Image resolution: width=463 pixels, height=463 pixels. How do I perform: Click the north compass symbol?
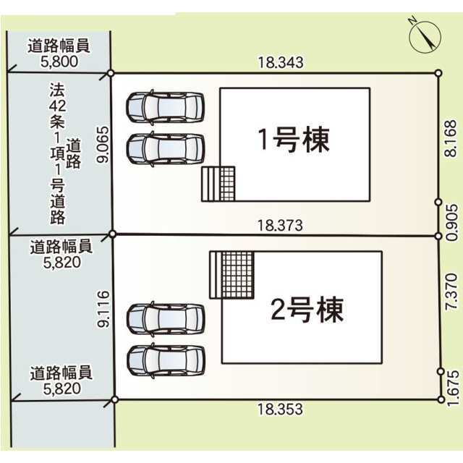click(x=425, y=37)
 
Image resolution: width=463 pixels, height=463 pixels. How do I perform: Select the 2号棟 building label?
click(x=307, y=310)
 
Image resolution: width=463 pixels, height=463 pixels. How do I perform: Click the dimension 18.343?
click(x=281, y=63)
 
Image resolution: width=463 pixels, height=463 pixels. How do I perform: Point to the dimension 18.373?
click(x=280, y=226)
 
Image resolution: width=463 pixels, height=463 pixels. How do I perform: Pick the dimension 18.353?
click(x=280, y=409)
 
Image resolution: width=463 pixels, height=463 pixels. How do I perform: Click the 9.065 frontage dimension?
click(x=103, y=145)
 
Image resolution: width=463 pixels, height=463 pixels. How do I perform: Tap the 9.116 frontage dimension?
click(x=103, y=309)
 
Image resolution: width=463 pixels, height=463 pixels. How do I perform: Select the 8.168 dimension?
click(x=451, y=139)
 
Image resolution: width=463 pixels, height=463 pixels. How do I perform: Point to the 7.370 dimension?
click(x=451, y=292)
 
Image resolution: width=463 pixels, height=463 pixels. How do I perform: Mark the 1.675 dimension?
click(x=453, y=388)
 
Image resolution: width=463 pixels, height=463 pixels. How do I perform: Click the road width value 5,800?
click(x=59, y=61)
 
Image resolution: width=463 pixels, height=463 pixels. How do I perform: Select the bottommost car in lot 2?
click(x=166, y=360)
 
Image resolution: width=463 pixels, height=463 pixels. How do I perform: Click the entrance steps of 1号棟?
click(x=218, y=184)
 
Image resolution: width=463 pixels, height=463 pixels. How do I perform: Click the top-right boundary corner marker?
click(x=438, y=73)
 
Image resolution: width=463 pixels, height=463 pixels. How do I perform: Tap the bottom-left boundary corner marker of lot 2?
click(x=115, y=400)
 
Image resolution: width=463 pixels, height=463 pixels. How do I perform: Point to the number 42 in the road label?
click(x=58, y=106)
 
